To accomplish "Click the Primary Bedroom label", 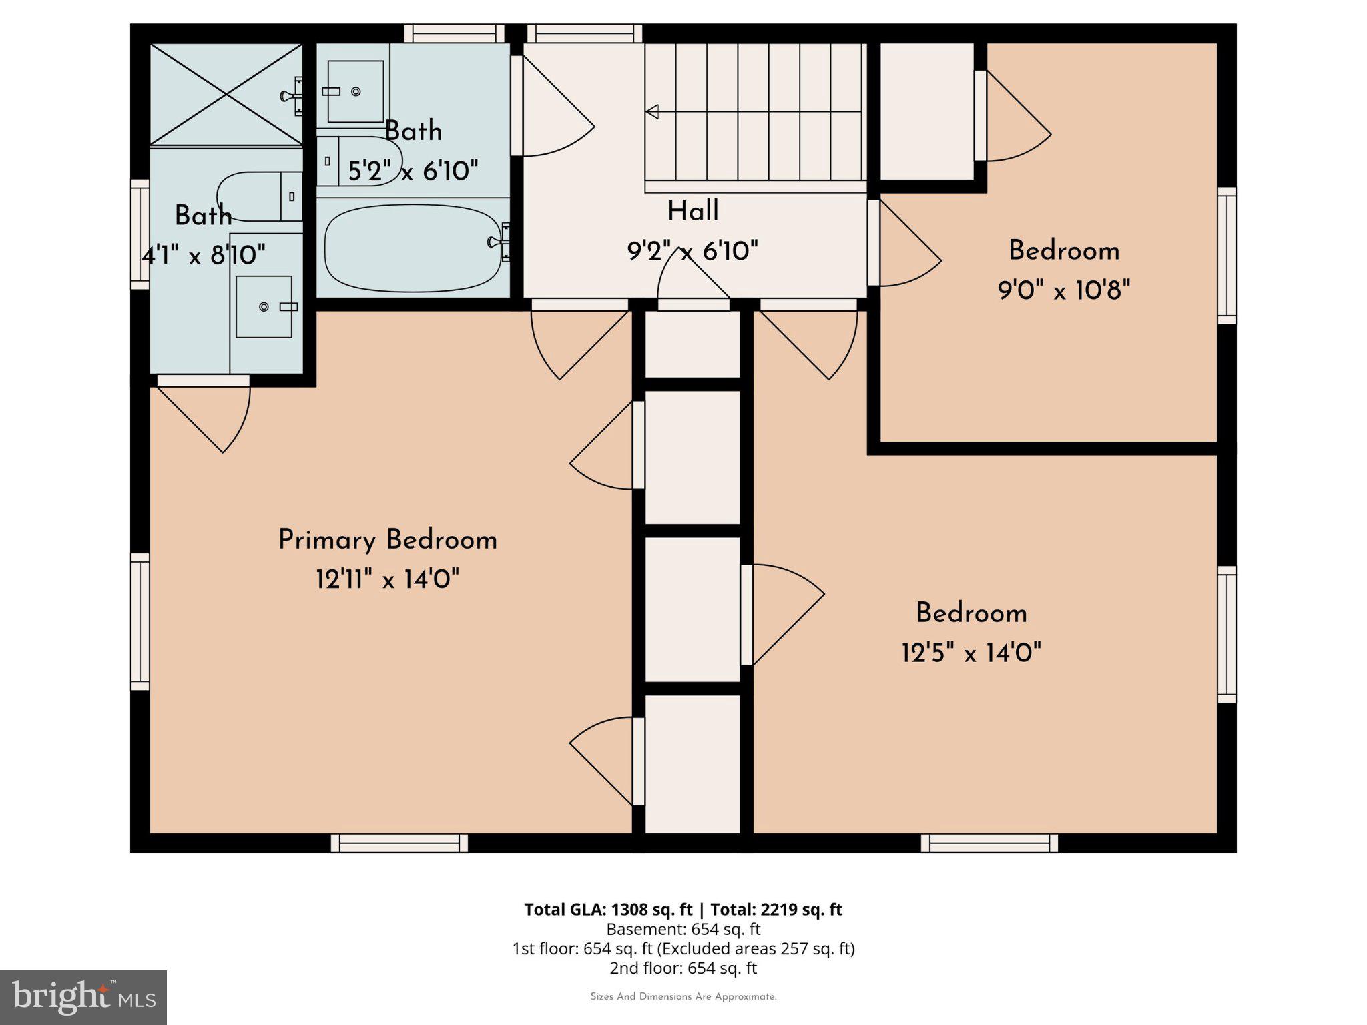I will click(x=387, y=540).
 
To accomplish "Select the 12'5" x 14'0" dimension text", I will click(x=971, y=653).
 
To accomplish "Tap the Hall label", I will click(x=693, y=212).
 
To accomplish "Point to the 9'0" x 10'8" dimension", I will click(x=1064, y=290).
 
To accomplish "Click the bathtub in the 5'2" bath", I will click(x=412, y=248).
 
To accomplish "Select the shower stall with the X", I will click(x=226, y=93).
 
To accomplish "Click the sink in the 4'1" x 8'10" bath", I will click(x=264, y=306).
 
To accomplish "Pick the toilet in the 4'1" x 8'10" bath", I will click(x=257, y=196).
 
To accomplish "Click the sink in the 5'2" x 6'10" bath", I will click(x=355, y=91).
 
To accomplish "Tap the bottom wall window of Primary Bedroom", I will click(x=399, y=843).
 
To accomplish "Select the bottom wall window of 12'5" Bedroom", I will click(x=989, y=843).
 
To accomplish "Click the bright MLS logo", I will click(x=83, y=997).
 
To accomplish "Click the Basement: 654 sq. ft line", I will click(x=683, y=929).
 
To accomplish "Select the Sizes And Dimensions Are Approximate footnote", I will click(x=683, y=997).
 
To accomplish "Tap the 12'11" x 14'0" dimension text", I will click(x=387, y=579).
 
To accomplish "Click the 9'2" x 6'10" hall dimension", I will click(x=693, y=252).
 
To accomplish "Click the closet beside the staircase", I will click(x=926, y=111).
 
